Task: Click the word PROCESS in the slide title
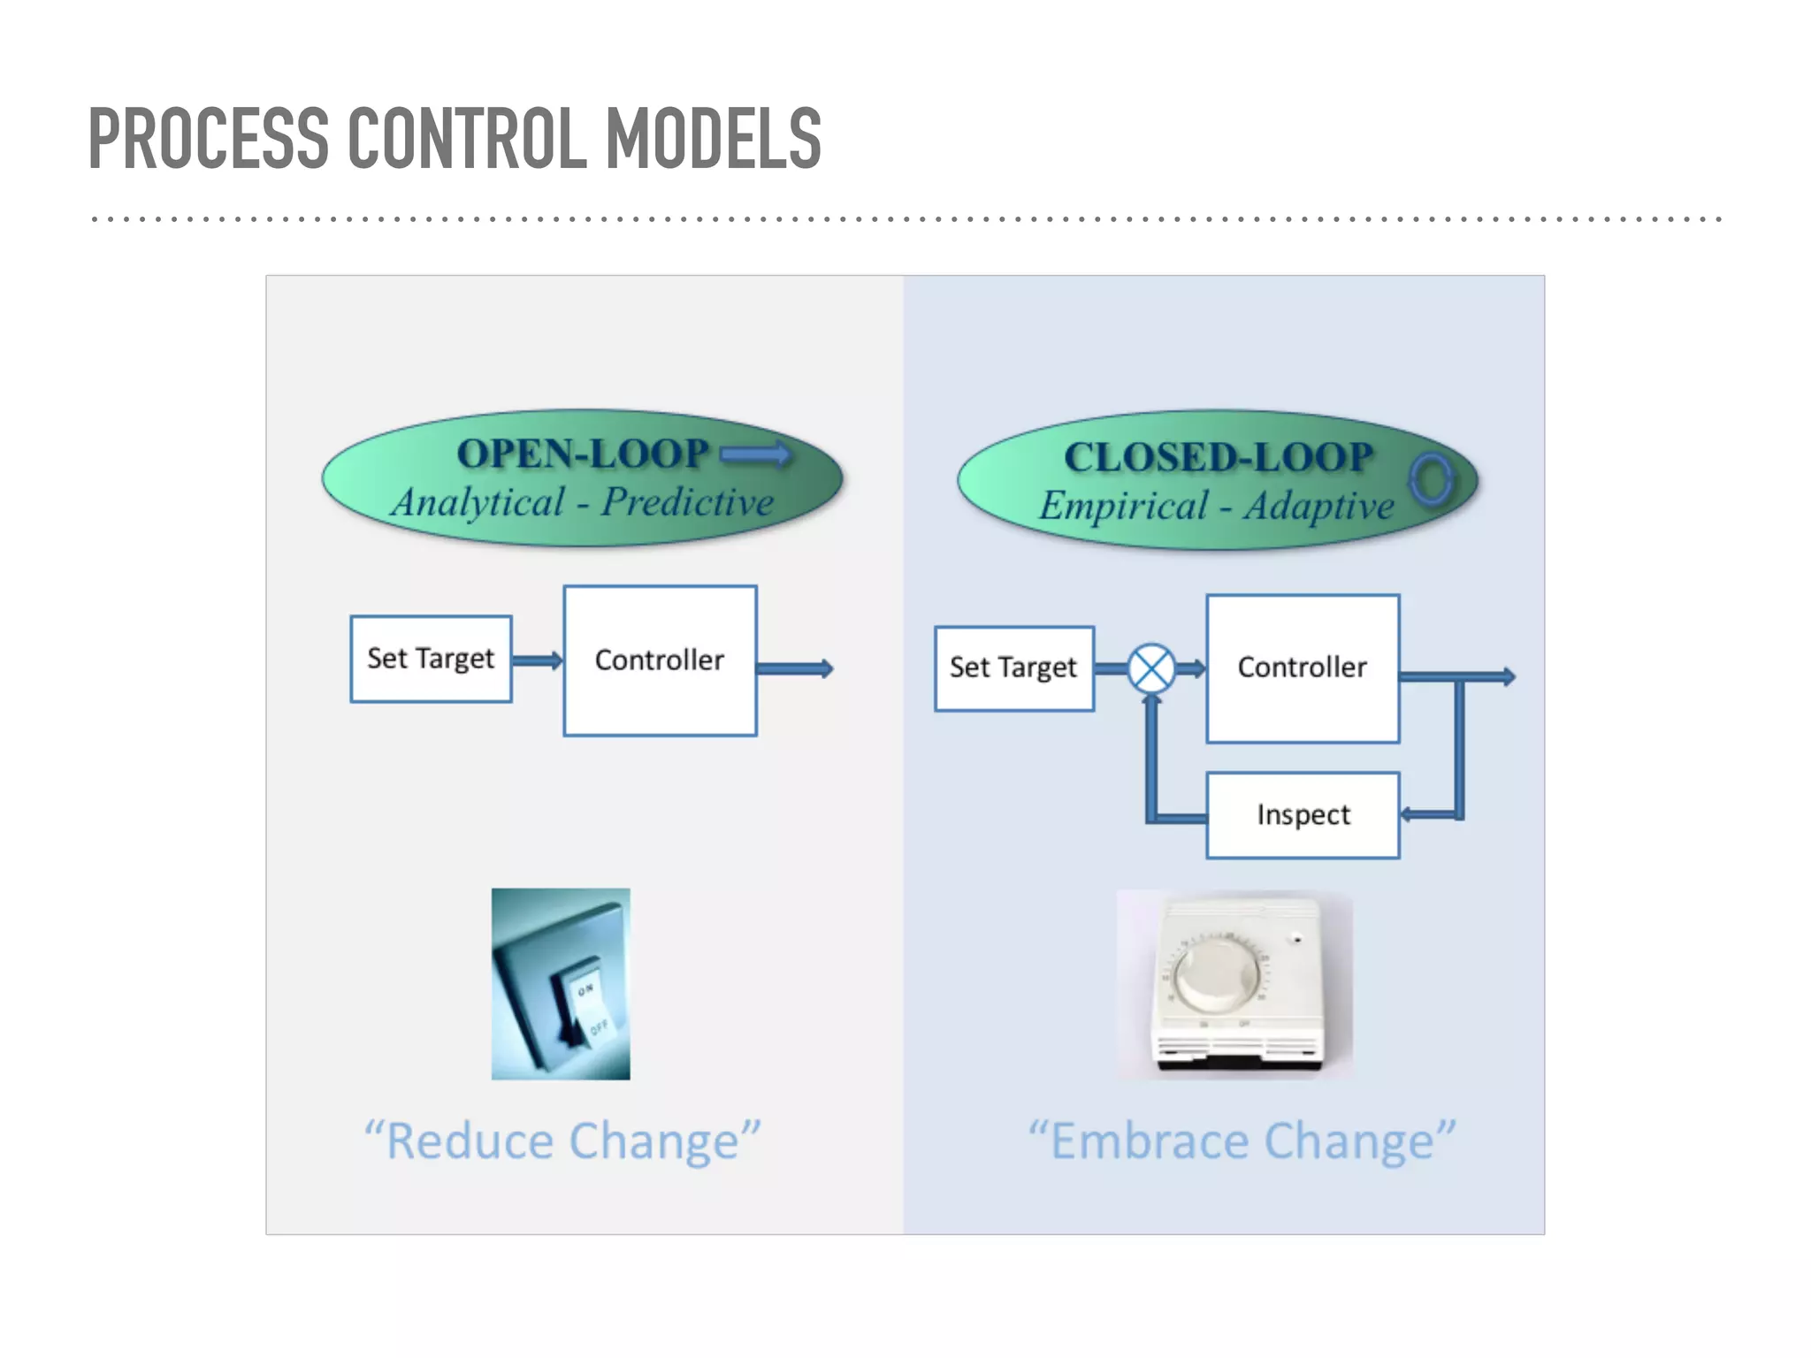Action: pos(209,138)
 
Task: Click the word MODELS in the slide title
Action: pos(714,138)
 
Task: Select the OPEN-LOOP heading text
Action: pos(583,454)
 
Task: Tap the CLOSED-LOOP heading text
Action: pos(1218,457)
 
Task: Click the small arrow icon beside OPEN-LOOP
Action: pos(754,454)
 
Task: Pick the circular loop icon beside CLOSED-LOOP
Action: pos(1431,479)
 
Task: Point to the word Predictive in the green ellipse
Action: pos(687,502)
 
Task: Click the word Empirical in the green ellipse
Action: pos(1123,506)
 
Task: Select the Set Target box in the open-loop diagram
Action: pos(431,659)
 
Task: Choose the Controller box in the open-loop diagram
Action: pos(660,660)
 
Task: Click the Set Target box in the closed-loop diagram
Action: pos(1013,668)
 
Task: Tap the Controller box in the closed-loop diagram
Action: pos(1302,668)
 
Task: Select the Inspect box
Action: pos(1303,814)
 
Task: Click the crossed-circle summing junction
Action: pos(1151,668)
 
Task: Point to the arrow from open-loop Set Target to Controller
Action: pos(537,660)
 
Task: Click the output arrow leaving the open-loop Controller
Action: pos(794,668)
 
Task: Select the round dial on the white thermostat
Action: pos(1216,975)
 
